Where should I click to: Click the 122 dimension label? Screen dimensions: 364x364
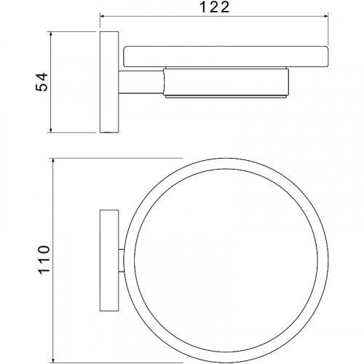(x=214, y=8)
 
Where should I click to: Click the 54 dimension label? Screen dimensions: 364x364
(x=42, y=82)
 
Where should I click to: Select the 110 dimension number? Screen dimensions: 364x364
(x=44, y=260)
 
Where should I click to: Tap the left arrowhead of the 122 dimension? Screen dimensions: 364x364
(x=102, y=16)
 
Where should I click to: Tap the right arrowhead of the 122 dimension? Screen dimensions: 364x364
(x=326, y=16)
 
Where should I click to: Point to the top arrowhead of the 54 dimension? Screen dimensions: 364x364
(x=51, y=33)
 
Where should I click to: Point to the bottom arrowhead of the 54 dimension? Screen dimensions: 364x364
(x=51, y=130)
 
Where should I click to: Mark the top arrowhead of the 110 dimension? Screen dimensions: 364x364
(x=53, y=161)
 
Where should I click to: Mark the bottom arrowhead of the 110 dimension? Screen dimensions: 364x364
(x=53, y=361)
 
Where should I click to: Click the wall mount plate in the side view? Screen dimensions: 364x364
(x=109, y=82)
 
